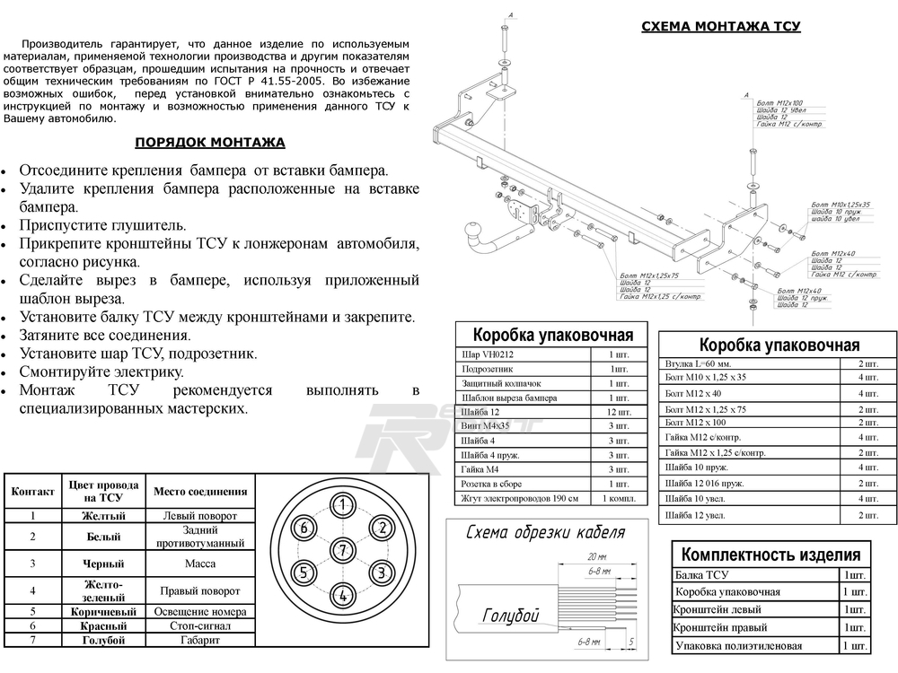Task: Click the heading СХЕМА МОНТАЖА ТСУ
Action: pyautogui.click(x=720, y=27)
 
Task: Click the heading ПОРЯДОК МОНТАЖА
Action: pyautogui.click(x=210, y=142)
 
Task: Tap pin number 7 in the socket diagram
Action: pyautogui.click(x=342, y=549)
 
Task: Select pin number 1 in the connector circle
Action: pyautogui.click(x=342, y=504)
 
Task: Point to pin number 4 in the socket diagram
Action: pyautogui.click(x=342, y=594)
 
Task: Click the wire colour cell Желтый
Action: pyautogui.click(x=103, y=516)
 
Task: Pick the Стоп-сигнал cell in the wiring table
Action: pyautogui.click(x=199, y=625)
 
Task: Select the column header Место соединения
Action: pyautogui.click(x=199, y=492)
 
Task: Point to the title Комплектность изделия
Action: pyautogui.click(x=771, y=554)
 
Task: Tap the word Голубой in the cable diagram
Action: pyautogui.click(x=510, y=616)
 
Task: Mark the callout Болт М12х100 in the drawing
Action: pyautogui.click(x=779, y=102)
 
